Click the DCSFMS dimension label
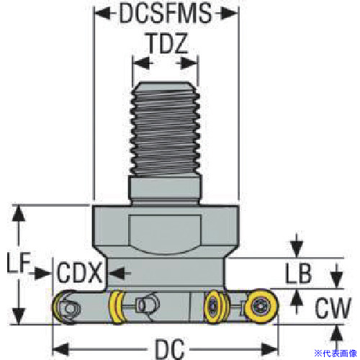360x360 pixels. [x=166, y=13]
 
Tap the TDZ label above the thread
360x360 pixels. [x=167, y=43]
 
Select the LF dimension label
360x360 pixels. [x=19, y=263]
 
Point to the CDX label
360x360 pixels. [x=79, y=273]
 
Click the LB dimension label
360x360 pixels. [x=298, y=273]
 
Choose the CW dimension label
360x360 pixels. [x=333, y=307]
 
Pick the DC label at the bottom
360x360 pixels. [x=170, y=348]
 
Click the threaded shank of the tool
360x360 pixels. [x=166, y=130]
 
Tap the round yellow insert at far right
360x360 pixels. [x=261, y=306]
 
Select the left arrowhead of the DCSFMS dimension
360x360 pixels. [x=103, y=13]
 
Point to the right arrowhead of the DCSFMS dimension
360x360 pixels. [x=230, y=13]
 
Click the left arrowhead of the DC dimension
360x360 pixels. [x=60, y=349]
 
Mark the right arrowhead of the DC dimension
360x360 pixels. [x=270, y=349]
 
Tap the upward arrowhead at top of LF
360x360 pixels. [x=19, y=213]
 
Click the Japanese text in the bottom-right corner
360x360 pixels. [x=336, y=354]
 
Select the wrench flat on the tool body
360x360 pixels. [x=165, y=234]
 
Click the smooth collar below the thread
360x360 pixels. [x=165, y=189]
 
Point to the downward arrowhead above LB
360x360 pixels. [x=297, y=250]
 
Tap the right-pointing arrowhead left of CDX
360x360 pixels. [x=43, y=273]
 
